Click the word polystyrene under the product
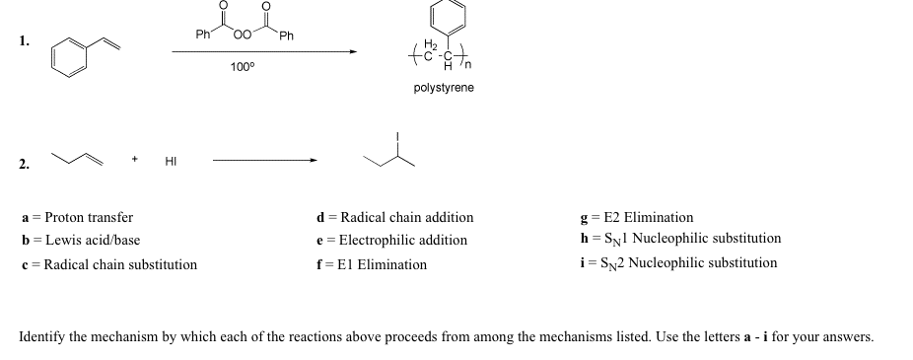[x=444, y=88]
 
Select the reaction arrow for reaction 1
[x=263, y=53]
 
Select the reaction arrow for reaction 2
[x=264, y=160]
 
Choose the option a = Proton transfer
[x=77, y=217]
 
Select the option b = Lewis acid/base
[x=81, y=240]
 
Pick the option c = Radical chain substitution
[x=108, y=264]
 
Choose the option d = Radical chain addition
[x=394, y=217]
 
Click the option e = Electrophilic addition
[x=391, y=240]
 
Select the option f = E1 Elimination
[x=372, y=264]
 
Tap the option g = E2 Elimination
[x=637, y=217]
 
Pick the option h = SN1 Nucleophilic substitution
[x=681, y=239]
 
